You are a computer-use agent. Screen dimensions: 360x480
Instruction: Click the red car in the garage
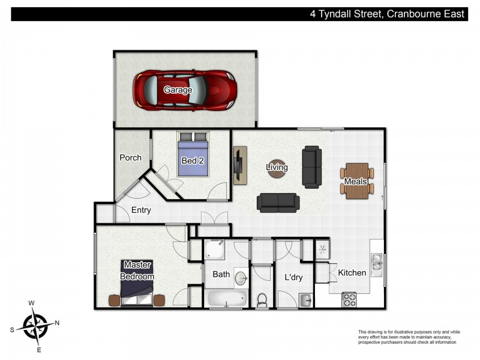click(184, 90)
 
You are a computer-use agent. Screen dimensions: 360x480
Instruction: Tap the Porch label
click(130, 158)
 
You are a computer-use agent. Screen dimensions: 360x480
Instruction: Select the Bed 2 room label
click(193, 160)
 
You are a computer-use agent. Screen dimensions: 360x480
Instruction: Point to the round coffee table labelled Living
click(277, 167)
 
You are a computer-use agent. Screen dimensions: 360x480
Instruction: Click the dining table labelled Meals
click(356, 181)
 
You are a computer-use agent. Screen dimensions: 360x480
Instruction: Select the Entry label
click(141, 211)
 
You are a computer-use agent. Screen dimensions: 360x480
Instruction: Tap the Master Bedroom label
click(137, 271)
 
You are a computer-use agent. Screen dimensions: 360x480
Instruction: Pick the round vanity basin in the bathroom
click(241, 278)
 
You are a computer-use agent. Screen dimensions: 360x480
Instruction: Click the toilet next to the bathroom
click(262, 298)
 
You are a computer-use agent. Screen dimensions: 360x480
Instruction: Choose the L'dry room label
click(293, 278)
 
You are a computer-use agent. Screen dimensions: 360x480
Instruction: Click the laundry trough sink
click(305, 299)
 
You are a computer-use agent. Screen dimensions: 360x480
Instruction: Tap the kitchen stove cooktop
click(349, 299)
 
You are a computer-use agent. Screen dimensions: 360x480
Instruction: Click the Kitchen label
click(352, 273)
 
